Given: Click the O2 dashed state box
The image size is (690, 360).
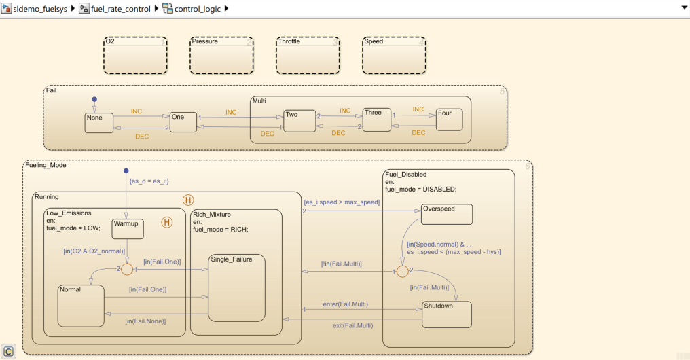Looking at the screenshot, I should pyautogui.click(x=134, y=55).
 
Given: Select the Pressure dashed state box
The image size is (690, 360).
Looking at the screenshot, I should pyautogui.click(x=221, y=55).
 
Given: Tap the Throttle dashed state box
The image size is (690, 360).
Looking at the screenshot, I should pyautogui.click(x=308, y=55).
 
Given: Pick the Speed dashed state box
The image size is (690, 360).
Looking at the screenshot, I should pyautogui.click(x=394, y=55).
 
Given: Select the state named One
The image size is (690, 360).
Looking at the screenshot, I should pyautogui.click(x=183, y=122).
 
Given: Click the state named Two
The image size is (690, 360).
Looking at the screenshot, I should pyautogui.click(x=299, y=120).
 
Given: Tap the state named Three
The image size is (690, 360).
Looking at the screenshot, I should pyautogui.click(x=377, y=120).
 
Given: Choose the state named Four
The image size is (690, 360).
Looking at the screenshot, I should pyautogui.click(x=449, y=120).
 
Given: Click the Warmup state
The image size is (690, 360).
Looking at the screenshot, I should pyautogui.click(x=127, y=228).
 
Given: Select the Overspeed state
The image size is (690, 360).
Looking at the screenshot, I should pyautogui.click(x=446, y=214).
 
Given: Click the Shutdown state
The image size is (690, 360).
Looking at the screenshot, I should pyautogui.click(x=446, y=313).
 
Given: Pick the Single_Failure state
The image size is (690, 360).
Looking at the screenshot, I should pyautogui.click(x=236, y=288).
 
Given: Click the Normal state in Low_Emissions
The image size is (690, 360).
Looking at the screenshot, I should pyautogui.click(x=80, y=306).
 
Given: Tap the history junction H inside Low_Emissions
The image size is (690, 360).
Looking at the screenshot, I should pyautogui.click(x=166, y=222).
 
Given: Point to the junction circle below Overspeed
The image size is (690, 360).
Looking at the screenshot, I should pyautogui.click(x=402, y=272).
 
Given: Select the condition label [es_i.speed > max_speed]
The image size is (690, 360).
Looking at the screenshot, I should pyautogui.click(x=341, y=202).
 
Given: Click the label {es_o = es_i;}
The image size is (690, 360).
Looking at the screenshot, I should pyautogui.click(x=149, y=181).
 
